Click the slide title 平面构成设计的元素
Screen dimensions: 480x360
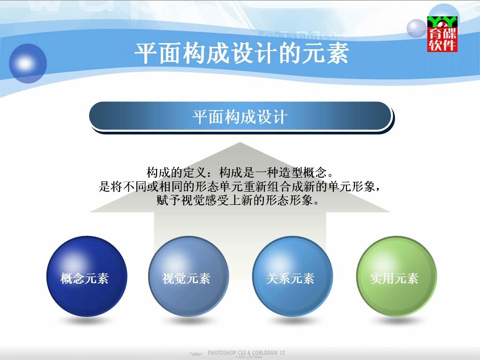241,53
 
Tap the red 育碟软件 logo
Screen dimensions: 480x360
442,34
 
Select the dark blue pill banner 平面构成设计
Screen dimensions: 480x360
240,116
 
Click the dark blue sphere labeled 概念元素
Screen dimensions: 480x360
87,276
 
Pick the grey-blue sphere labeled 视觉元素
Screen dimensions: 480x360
188,276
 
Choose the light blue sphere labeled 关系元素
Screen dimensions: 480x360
292,276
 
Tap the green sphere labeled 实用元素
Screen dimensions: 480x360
397,276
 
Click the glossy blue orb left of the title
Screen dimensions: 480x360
28,63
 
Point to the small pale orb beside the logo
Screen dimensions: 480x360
417,29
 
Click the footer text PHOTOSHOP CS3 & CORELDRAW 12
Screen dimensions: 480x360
246,352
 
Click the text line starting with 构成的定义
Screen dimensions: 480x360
240,172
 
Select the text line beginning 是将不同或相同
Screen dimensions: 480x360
240,187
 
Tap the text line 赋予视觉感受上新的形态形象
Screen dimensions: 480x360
238,200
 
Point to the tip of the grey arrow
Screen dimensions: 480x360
240,142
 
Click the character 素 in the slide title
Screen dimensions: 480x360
337,53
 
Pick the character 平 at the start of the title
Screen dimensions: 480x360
146,53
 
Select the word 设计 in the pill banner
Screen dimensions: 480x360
272,117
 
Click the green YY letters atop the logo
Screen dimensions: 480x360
442,22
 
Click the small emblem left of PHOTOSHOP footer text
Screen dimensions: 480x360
196,354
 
